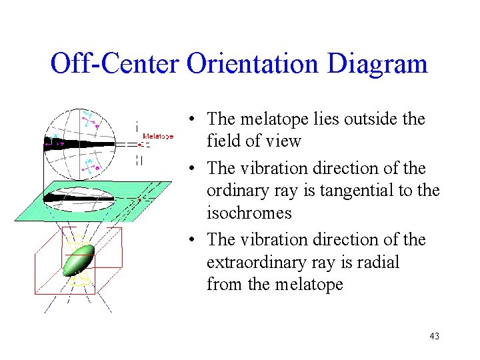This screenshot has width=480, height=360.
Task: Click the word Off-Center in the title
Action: [x=115, y=64]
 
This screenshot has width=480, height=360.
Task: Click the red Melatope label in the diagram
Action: [x=158, y=136]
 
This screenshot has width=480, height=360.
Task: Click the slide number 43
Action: [x=434, y=336]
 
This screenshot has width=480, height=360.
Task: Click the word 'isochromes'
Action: [x=249, y=213]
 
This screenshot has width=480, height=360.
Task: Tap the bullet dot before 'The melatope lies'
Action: [x=191, y=120]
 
